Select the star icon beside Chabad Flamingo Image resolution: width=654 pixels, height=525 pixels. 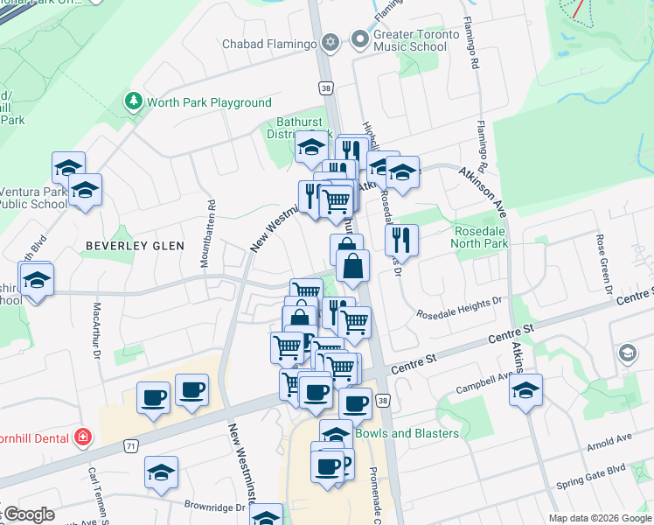(330, 42)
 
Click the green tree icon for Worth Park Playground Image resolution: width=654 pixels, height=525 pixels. (134, 102)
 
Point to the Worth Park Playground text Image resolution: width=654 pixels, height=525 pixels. (209, 102)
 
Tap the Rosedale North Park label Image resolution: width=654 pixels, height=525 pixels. (479, 237)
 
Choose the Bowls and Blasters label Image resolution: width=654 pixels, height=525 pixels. (407, 433)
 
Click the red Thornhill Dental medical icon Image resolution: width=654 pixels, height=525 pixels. (83, 436)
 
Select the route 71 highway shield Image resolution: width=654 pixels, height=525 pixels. (130, 446)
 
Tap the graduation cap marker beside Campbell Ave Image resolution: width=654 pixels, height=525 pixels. (525, 390)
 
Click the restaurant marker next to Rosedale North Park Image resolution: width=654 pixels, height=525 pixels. (401, 238)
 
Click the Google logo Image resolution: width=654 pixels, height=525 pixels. (29, 514)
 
